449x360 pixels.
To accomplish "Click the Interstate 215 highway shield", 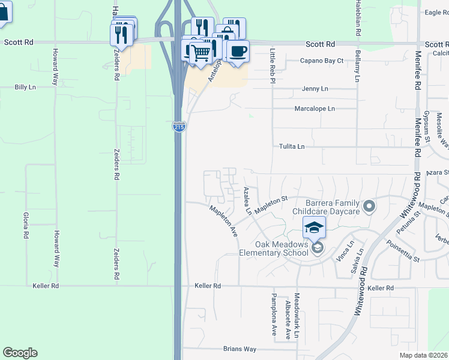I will [179, 127].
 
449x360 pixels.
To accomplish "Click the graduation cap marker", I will [314, 227].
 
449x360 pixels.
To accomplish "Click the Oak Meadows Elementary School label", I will [282, 248].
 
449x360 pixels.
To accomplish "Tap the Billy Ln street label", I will [25, 87].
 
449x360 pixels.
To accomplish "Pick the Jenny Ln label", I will [315, 89].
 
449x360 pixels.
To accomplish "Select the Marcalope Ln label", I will [315, 109].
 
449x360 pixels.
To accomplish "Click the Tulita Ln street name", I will [292, 146].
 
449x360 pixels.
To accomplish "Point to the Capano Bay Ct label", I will [322, 61].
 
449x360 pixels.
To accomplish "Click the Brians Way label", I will [240, 349].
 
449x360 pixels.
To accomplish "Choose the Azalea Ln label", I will [247, 201].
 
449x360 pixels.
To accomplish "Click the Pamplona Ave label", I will [273, 315].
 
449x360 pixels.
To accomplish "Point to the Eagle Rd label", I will [436, 13].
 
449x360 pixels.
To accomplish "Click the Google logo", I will [20, 353].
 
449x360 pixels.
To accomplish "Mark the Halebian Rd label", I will [358, 20].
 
